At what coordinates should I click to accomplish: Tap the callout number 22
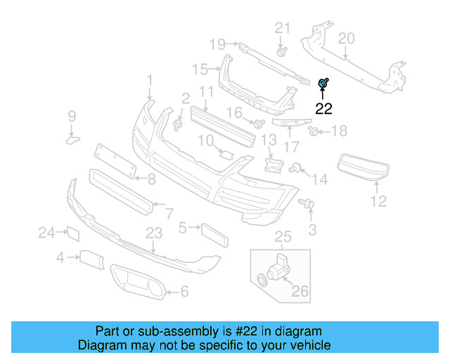(x=323, y=109)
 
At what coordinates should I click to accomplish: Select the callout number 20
(x=347, y=38)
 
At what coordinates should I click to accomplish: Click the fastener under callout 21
(x=282, y=51)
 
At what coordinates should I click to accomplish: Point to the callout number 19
(x=218, y=44)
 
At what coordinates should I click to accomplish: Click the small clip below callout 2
(x=178, y=125)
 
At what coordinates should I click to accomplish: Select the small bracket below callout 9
(x=73, y=140)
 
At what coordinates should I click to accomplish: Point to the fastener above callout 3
(x=307, y=203)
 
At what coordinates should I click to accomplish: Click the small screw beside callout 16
(x=258, y=124)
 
